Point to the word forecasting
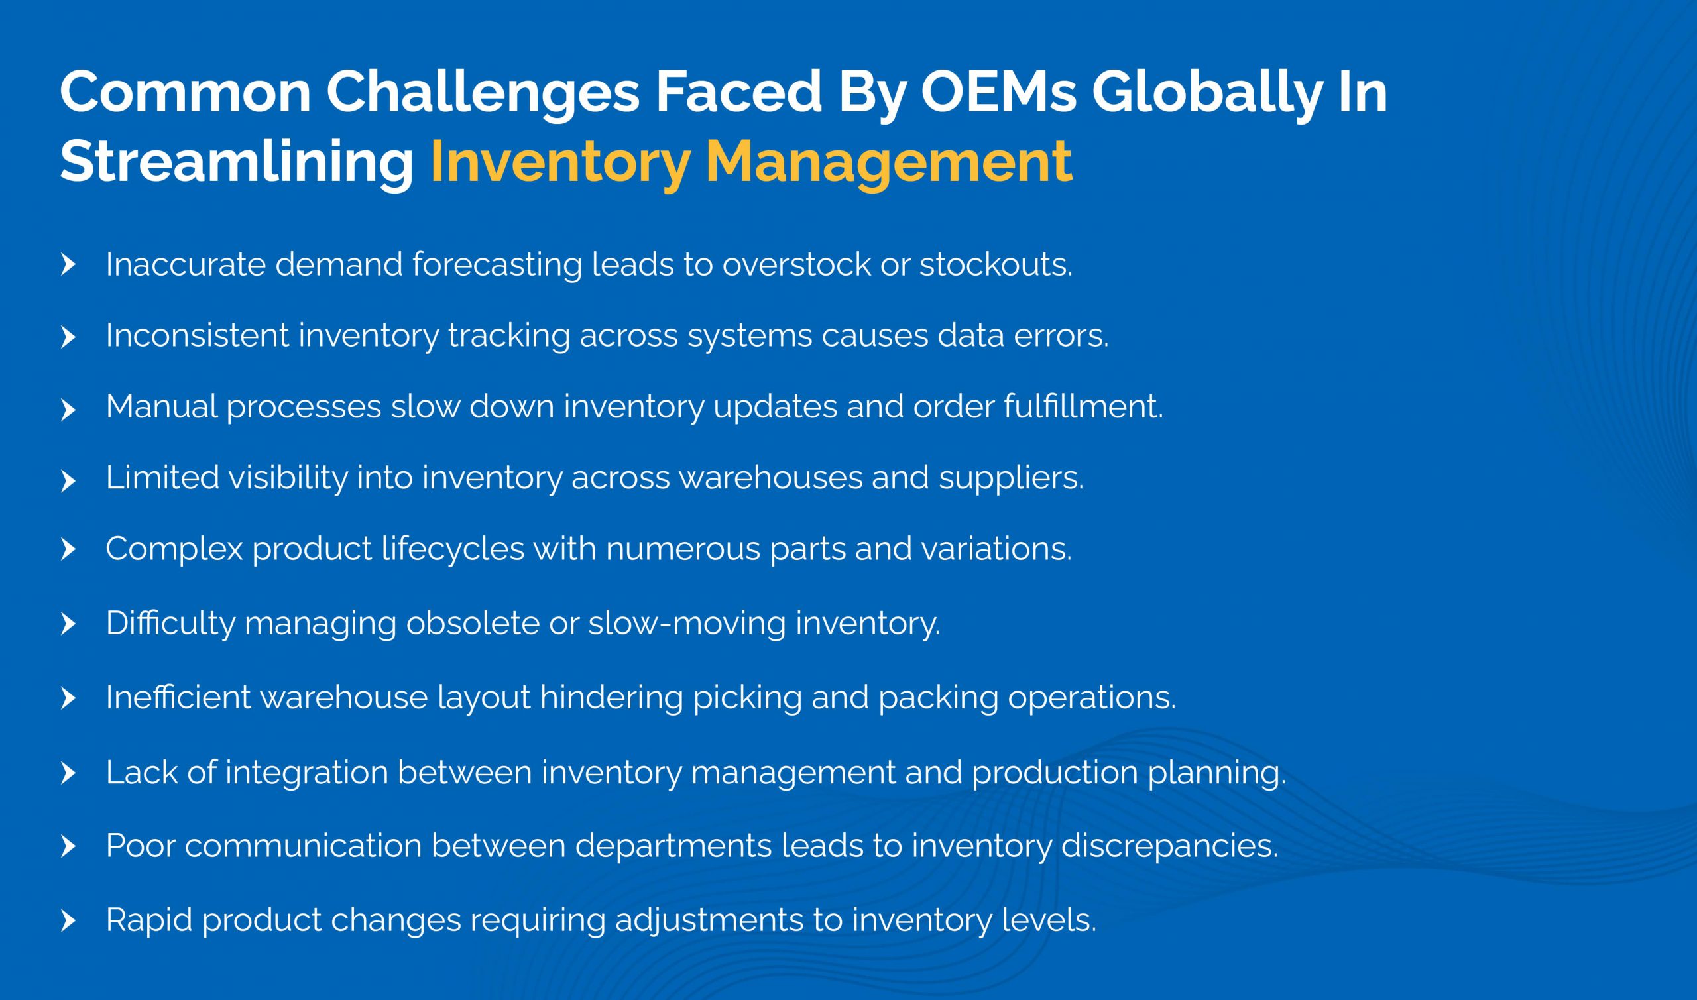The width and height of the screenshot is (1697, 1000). (497, 265)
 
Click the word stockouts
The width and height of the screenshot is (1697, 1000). (996, 265)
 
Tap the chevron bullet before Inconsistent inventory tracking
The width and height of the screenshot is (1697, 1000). (68, 337)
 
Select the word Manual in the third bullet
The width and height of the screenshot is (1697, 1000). (162, 406)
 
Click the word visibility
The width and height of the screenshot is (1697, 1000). (288, 478)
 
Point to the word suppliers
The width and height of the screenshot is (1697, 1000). (1011, 478)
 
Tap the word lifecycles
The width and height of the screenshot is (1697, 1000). (452, 549)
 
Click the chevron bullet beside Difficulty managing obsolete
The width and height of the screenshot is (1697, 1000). (68, 624)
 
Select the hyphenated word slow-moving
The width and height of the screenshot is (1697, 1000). (687, 624)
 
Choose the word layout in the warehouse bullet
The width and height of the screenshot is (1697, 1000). (484, 697)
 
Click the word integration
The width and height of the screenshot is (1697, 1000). (307, 772)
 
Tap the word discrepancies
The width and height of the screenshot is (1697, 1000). (1169, 846)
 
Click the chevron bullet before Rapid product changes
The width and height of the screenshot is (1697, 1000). (68, 921)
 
